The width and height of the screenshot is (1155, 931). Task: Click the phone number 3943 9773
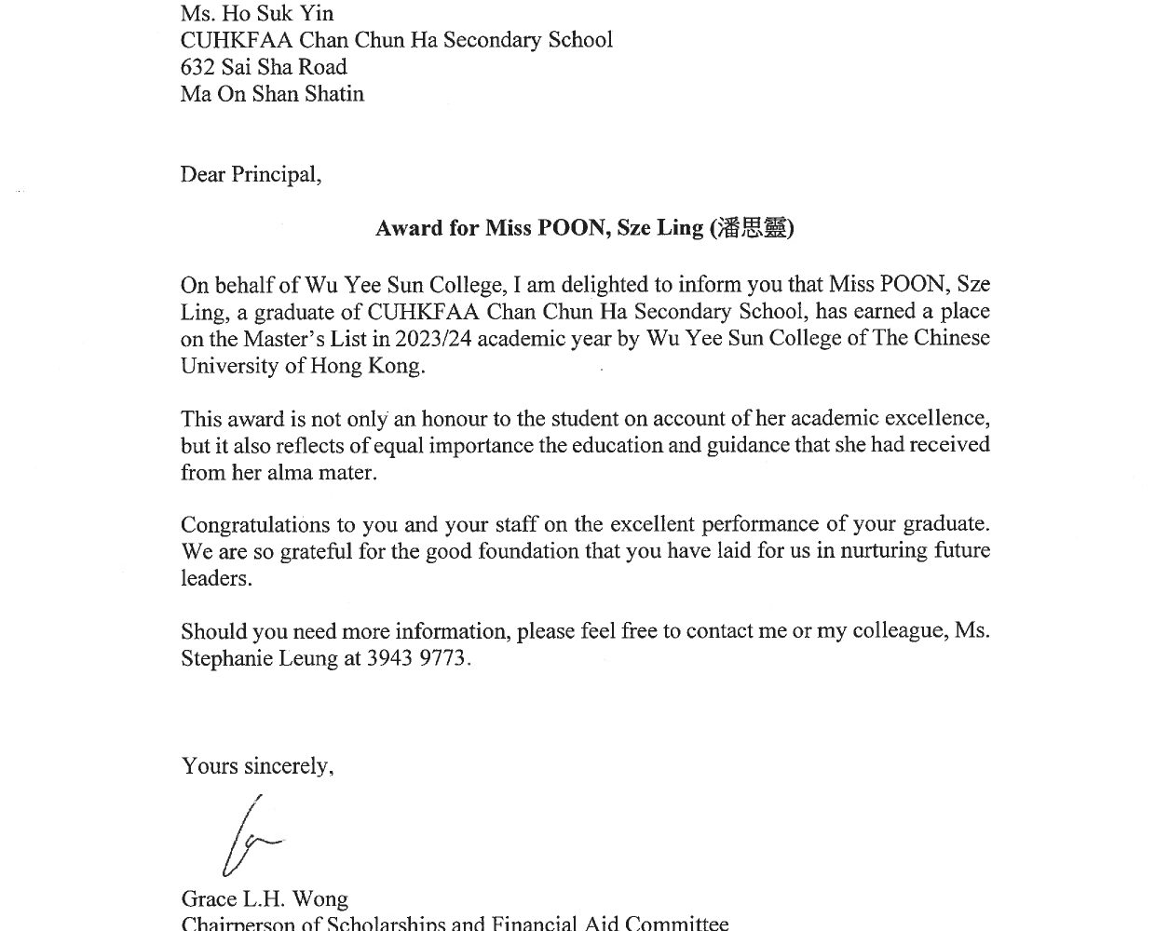[418, 658]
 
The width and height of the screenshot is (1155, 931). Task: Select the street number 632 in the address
[198, 67]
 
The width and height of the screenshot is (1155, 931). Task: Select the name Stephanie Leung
[259, 658]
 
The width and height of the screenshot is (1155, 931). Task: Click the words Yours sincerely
[257, 765]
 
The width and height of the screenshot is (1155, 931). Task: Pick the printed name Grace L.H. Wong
[265, 898]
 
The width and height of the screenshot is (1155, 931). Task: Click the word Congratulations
[255, 524]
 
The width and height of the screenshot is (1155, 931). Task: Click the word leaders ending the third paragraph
[215, 578]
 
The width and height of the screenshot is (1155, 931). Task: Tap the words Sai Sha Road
[284, 67]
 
